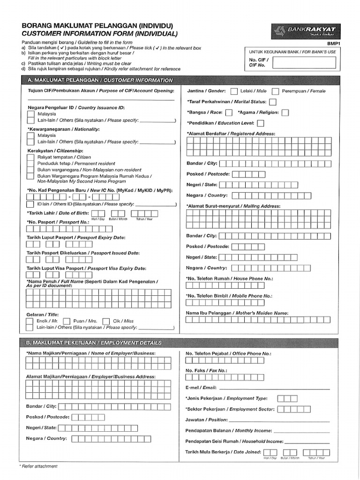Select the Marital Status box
(x=273, y=102)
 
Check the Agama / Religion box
(x=285, y=112)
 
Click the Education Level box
(x=261, y=123)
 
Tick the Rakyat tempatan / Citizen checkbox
(x=30, y=157)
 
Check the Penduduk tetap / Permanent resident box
(x=30, y=164)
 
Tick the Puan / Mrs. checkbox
(x=67, y=321)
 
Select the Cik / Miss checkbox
(x=106, y=321)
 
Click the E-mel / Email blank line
(x=274, y=388)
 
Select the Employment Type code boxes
(x=286, y=398)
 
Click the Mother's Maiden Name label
(x=237, y=313)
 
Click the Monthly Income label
(x=228, y=430)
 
